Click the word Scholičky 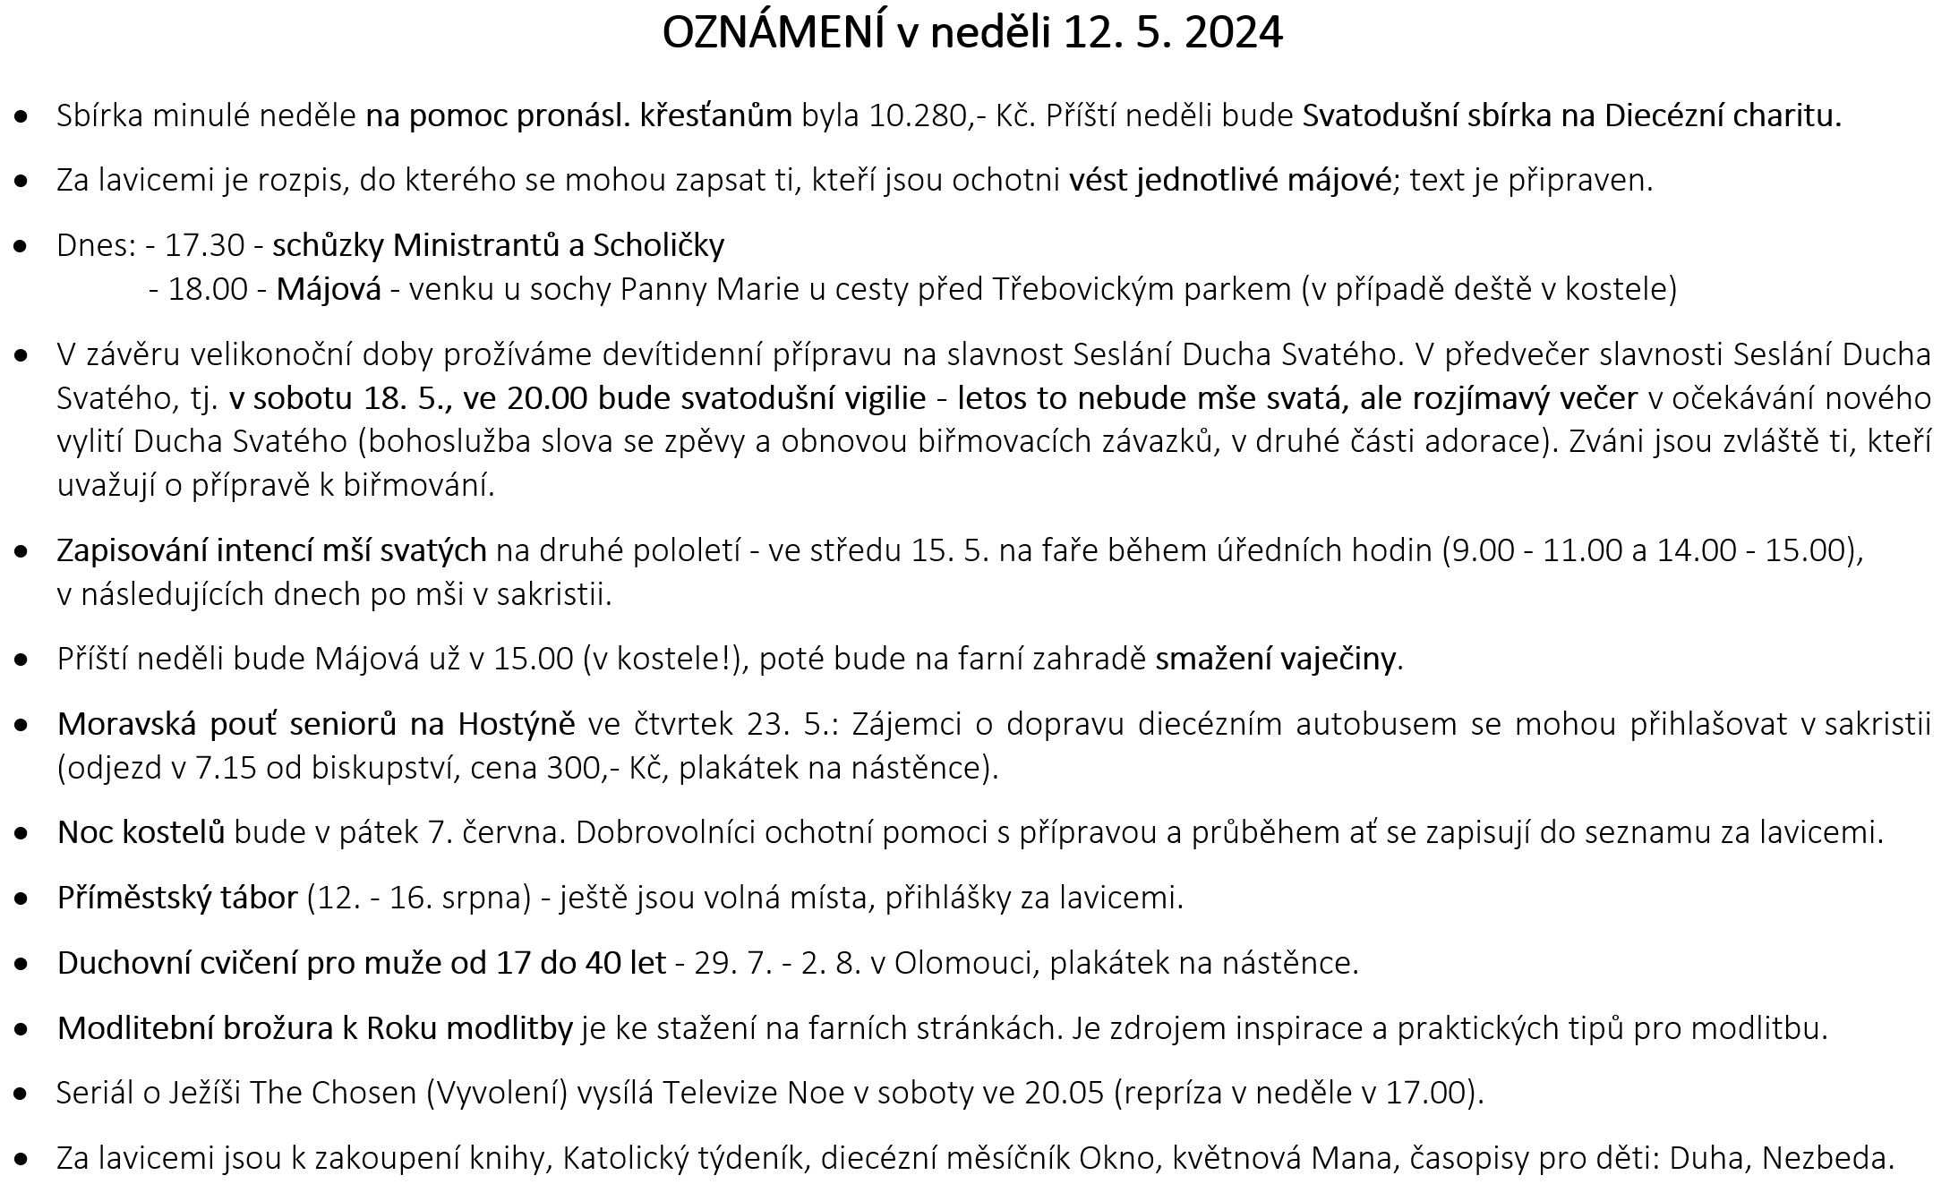point(659,245)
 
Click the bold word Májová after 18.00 point(328,289)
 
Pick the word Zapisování point(132,550)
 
